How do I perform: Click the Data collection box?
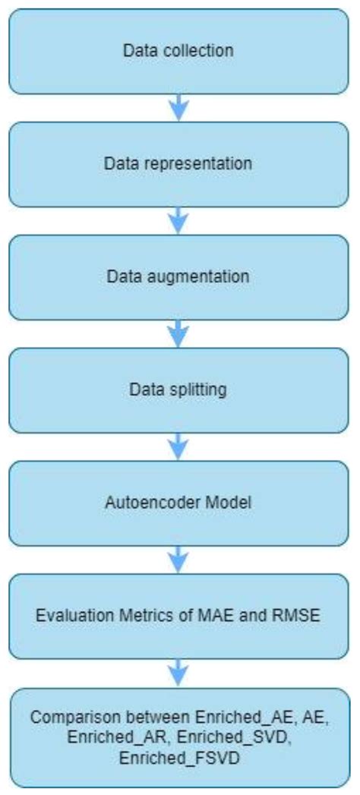[179, 51]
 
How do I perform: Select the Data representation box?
[179, 163]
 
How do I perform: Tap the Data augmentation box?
[179, 276]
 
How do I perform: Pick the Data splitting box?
[179, 390]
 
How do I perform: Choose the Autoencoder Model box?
[179, 503]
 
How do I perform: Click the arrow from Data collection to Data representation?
[178, 107]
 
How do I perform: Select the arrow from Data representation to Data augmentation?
[178, 220]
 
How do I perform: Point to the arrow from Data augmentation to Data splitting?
[178, 333]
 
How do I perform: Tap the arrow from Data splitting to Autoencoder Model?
[178, 446]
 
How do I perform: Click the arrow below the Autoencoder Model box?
[178, 559]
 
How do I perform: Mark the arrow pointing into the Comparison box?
[178, 672]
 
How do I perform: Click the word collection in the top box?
[205, 52]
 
